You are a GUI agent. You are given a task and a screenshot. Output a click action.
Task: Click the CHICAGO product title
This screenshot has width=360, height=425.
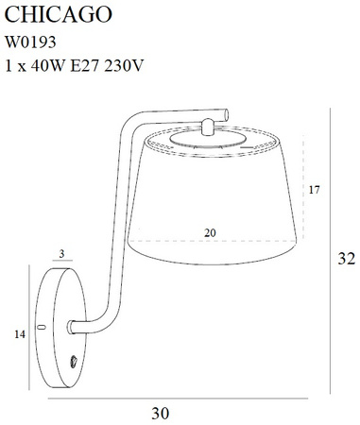pyautogui.click(x=59, y=14)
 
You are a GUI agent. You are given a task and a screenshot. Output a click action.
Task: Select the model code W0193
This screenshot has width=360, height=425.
pyautogui.click(x=30, y=42)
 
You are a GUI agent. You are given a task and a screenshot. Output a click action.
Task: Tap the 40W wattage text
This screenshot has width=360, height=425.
pyautogui.click(x=48, y=65)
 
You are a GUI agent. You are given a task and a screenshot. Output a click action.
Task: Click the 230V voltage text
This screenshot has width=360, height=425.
pyautogui.click(x=124, y=65)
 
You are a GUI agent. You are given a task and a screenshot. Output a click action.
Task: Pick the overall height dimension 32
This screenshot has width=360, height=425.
pyautogui.click(x=346, y=259)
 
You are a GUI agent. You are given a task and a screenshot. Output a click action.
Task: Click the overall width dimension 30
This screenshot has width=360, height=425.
pyautogui.click(x=161, y=413)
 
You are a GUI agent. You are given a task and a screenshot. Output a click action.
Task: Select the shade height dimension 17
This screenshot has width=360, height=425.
pyautogui.click(x=314, y=190)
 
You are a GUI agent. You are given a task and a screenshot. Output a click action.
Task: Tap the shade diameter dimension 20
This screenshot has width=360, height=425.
pyautogui.click(x=210, y=233)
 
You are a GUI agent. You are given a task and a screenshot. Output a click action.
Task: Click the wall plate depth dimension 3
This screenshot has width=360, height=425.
pyautogui.click(x=61, y=254)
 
